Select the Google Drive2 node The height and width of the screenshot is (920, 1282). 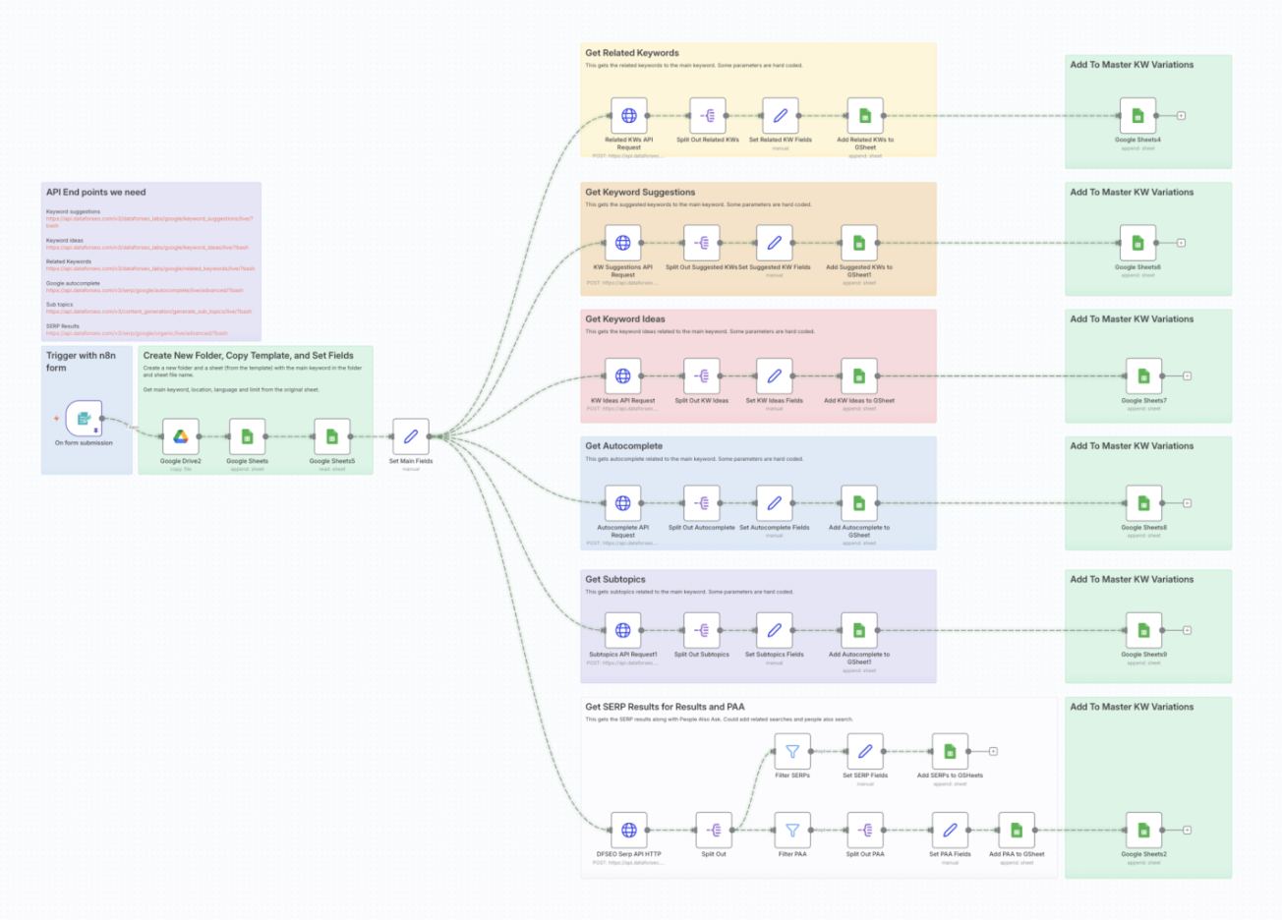(x=181, y=436)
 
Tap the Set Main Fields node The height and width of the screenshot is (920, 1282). (x=410, y=436)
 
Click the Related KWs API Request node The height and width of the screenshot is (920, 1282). (x=628, y=116)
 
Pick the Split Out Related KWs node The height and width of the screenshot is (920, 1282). (x=707, y=116)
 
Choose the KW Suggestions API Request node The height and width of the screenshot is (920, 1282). (x=622, y=243)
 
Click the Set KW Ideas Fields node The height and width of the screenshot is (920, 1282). (x=774, y=375)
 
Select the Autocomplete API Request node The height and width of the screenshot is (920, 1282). (x=622, y=503)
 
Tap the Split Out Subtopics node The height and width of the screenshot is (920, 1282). (x=701, y=630)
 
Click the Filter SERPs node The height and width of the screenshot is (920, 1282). (x=791, y=752)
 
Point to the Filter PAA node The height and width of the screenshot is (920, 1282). (x=791, y=831)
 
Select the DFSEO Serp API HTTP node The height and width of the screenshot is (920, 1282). (x=628, y=831)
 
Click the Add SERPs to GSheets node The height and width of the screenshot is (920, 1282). (x=949, y=752)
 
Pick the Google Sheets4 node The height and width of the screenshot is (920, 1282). (x=1137, y=116)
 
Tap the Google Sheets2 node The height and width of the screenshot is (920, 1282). (x=1143, y=831)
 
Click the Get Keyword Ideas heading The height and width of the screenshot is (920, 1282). (x=625, y=319)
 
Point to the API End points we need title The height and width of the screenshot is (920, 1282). (x=95, y=193)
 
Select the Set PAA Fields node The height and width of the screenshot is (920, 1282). (x=949, y=831)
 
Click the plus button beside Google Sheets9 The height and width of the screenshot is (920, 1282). (x=1188, y=630)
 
